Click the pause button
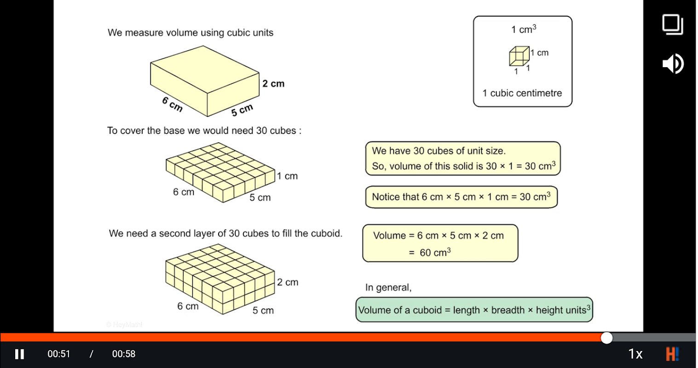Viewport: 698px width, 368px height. [x=19, y=354]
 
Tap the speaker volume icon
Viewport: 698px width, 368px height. [x=673, y=63]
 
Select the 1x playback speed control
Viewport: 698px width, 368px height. [x=635, y=354]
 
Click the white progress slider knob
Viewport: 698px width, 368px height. [x=607, y=338]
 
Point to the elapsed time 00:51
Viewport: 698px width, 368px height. [x=59, y=354]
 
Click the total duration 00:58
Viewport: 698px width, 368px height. [x=124, y=354]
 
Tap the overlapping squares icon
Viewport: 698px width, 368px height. [x=673, y=24]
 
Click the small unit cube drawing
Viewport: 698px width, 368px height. [x=519, y=57]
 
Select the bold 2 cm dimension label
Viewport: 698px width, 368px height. [x=273, y=84]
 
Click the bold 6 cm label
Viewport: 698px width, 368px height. [x=173, y=104]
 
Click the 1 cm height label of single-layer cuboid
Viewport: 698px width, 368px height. [x=287, y=176]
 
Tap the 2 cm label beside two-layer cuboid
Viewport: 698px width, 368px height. [x=288, y=282]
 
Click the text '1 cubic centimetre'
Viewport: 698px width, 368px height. [x=522, y=93]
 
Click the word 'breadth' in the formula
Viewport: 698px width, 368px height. [x=508, y=310]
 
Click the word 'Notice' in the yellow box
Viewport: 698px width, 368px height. [x=386, y=197]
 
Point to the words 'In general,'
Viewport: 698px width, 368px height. [x=388, y=288]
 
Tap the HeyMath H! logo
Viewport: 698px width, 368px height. [x=672, y=354]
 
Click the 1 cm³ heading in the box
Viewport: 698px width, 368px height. [x=524, y=29]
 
